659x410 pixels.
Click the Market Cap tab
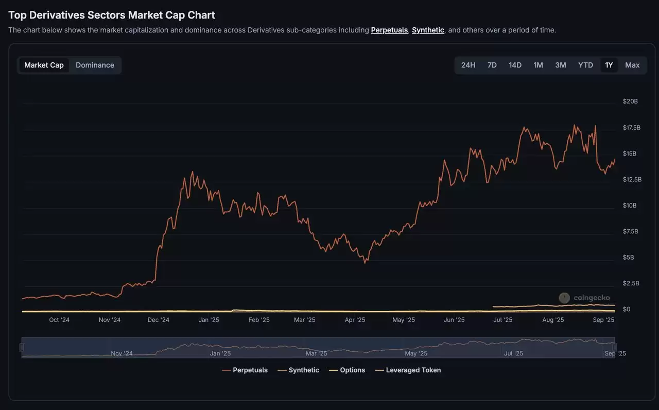44,65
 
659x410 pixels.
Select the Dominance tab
95,65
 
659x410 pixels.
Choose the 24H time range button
468,65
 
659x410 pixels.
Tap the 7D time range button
492,65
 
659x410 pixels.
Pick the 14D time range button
515,65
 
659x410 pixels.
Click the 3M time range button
560,65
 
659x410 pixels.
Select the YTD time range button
585,65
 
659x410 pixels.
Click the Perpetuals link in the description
389,30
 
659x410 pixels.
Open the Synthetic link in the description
428,30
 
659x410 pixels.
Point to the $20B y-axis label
630,101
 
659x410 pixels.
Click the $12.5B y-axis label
632,180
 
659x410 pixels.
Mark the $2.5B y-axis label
631,283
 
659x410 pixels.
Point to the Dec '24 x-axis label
158,320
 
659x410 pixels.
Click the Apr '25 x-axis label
355,320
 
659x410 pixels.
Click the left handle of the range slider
22,348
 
